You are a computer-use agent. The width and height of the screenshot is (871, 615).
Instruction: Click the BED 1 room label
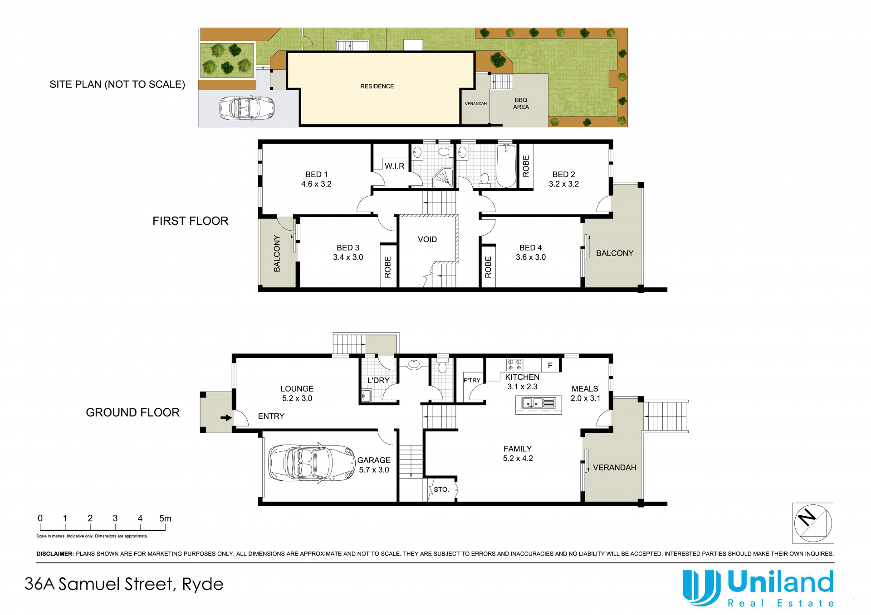click(x=316, y=174)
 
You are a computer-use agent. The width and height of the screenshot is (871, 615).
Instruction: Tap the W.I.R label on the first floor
click(x=395, y=166)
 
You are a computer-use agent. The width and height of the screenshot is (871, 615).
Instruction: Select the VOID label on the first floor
click(x=427, y=239)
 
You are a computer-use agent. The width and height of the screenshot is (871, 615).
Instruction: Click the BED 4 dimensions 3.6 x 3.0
click(x=531, y=257)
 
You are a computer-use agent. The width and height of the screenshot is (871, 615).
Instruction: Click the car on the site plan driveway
click(x=247, y=108)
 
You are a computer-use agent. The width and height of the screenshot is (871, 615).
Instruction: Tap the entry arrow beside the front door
click(x=226, y=418)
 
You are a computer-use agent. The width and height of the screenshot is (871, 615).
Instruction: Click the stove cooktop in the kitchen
click(x=514, y=365)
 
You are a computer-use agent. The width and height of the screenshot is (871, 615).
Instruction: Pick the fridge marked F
click(x=550, y=365)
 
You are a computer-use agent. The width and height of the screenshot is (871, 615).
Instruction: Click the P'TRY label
click(x=472, y=380)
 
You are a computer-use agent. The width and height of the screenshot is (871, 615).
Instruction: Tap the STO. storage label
click(x=441, y=489)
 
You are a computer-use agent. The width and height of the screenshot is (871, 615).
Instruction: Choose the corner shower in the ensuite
click(x=443, y=177)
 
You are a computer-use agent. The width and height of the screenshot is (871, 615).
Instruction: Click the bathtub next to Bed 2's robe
click(x=506, y=166)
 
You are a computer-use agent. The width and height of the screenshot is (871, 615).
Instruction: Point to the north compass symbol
click(x=813, y=523)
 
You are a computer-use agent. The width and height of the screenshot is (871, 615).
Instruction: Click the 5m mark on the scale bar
click(x=165, y=518)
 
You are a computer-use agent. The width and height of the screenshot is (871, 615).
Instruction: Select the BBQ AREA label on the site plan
click(x=521, y=103)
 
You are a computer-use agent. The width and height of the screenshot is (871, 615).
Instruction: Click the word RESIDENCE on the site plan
click(x=377, y=86)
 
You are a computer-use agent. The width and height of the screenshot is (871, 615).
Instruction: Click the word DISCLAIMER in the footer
click(x=55, y=554)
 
